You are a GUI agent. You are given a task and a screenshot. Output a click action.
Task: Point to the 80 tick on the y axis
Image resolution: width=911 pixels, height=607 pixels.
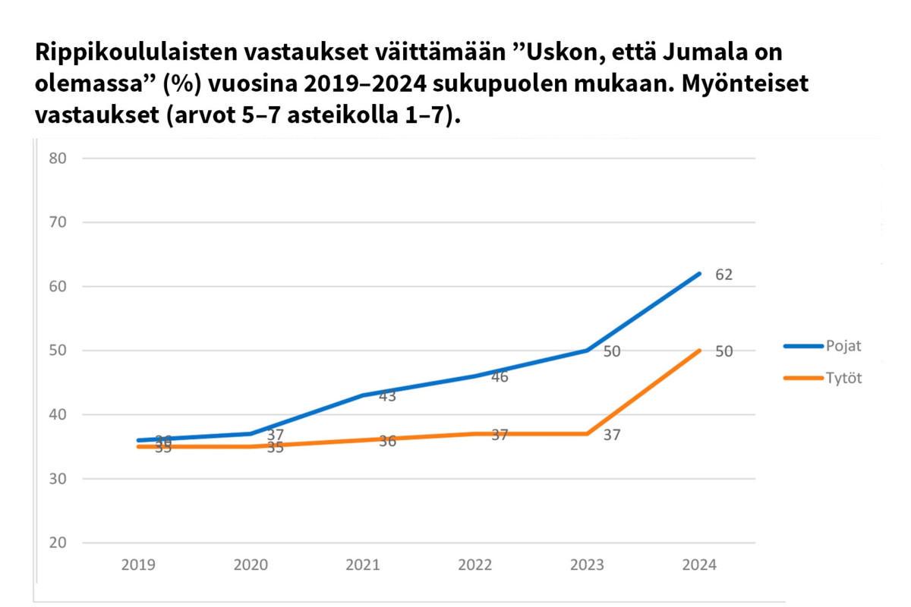coord(58,159)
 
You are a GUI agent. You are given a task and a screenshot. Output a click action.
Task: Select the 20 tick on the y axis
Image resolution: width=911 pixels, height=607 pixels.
coord(58,543)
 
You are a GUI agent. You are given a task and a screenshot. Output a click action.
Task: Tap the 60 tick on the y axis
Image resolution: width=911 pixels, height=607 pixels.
coord(58,287)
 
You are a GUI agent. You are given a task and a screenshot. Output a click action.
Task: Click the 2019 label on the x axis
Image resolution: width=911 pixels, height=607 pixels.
coord(139,565)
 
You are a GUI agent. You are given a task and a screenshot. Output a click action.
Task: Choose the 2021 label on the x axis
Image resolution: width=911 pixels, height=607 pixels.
coord(363,565)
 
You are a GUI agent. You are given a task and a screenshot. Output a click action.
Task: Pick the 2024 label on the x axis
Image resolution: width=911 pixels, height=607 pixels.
coord(699,565)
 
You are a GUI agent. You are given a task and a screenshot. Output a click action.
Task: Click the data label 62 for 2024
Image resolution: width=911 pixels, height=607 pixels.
coord(723,275)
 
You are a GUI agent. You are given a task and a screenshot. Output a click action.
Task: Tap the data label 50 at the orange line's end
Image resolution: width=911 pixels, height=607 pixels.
coord(723,351)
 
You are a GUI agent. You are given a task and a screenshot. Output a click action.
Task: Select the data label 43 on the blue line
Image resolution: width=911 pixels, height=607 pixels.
coord(387,396)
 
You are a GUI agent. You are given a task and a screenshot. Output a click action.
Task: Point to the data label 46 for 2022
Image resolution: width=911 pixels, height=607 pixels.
coord(499,377)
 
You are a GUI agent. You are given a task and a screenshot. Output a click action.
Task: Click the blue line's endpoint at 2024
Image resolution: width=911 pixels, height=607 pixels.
coord(699,274)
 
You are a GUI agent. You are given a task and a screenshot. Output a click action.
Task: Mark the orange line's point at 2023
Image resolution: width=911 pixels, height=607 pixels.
coord(587,434)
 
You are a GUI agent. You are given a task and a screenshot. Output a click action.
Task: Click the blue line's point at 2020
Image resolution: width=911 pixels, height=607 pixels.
coord(251,434)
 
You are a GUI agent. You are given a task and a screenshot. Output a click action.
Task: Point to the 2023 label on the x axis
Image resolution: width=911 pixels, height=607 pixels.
coord(587,565)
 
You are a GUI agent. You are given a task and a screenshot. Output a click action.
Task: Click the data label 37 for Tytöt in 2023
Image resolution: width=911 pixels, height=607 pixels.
coord(612,436)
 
